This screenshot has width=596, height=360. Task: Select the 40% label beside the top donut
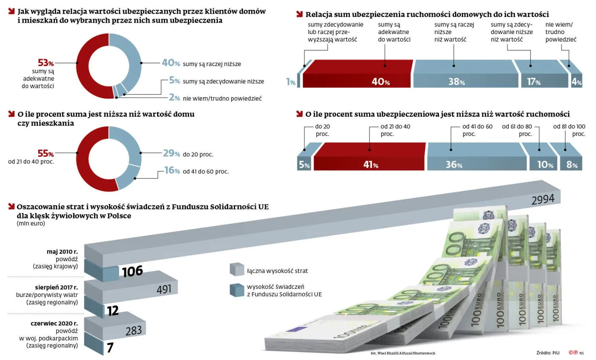coord(171,63)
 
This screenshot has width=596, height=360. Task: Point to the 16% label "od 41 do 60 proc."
coord(172,171)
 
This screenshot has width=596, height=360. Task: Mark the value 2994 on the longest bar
coord(542,199)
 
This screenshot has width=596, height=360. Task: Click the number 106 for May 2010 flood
coord(132,271)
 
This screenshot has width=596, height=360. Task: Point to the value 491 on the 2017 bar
coord(164,290)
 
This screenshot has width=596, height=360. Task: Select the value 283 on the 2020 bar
coord(133,331)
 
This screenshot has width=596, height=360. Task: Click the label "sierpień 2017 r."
coord(57,287)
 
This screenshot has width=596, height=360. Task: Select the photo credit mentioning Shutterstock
coord(403,353)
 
